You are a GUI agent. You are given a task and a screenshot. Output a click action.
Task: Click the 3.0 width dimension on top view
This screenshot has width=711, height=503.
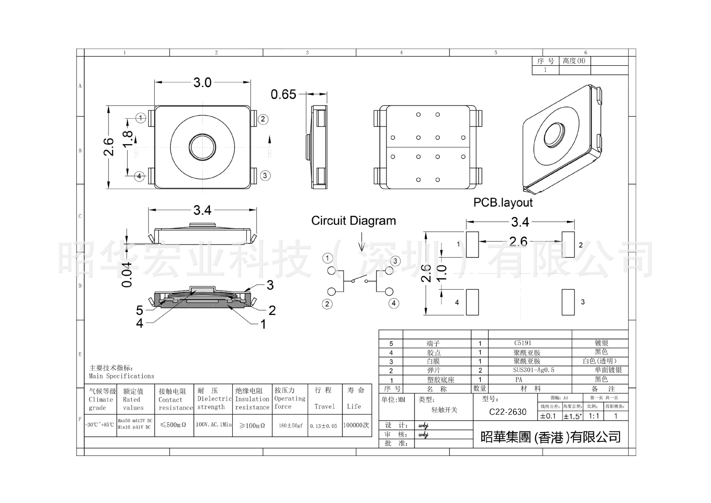[202, 82]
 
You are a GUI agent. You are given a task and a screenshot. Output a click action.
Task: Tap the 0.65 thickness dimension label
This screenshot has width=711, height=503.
[283, 95]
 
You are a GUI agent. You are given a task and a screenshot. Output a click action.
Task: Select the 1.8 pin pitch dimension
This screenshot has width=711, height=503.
[127, 139]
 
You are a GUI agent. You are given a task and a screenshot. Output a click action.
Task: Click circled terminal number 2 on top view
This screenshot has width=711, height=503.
[263, 119]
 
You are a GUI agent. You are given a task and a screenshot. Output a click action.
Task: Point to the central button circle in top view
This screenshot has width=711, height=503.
[202, 147]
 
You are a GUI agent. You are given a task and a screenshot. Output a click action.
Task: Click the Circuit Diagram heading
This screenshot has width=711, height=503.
[353, 221]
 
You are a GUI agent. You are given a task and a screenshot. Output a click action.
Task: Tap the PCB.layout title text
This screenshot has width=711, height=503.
[503, 202]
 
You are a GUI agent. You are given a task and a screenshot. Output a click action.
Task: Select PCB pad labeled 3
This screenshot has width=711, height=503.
[568, 302]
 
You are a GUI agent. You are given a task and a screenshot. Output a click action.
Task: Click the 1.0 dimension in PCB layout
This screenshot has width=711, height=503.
[442, 273]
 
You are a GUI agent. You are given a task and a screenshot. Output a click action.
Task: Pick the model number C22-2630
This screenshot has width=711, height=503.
[507, 412]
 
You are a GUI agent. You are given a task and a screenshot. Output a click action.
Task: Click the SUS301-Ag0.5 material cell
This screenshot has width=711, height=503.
[533, 370]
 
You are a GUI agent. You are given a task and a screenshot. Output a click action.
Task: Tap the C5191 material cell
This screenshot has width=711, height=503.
[523, 343]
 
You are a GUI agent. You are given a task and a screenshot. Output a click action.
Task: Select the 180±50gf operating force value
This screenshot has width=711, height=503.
[290, 426]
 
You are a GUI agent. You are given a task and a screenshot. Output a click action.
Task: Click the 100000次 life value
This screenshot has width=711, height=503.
[356, 425]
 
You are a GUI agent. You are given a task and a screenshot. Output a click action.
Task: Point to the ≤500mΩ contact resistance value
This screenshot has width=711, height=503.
[173, 425]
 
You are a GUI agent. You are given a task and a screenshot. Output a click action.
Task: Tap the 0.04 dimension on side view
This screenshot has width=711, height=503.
[127, 275]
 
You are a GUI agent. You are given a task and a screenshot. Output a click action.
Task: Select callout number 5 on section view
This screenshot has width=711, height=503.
[139, 310]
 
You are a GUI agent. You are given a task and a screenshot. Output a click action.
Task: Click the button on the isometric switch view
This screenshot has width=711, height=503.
[554, 133]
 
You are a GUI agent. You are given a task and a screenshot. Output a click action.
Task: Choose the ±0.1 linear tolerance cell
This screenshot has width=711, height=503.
[548, 416]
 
